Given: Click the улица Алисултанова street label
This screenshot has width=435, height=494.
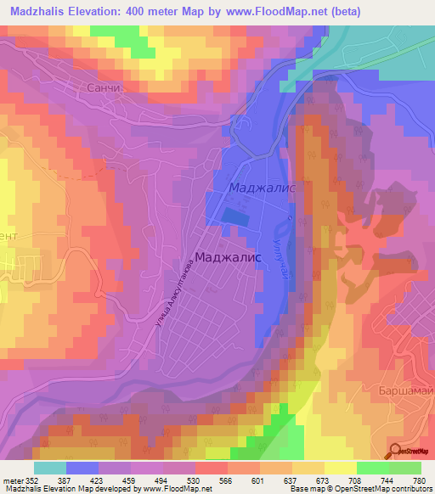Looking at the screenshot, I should [x=176, y=294].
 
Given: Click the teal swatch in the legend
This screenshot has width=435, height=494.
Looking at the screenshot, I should [x=49, y=468].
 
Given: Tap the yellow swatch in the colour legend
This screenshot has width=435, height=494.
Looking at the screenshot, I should [x=340, y=468].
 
